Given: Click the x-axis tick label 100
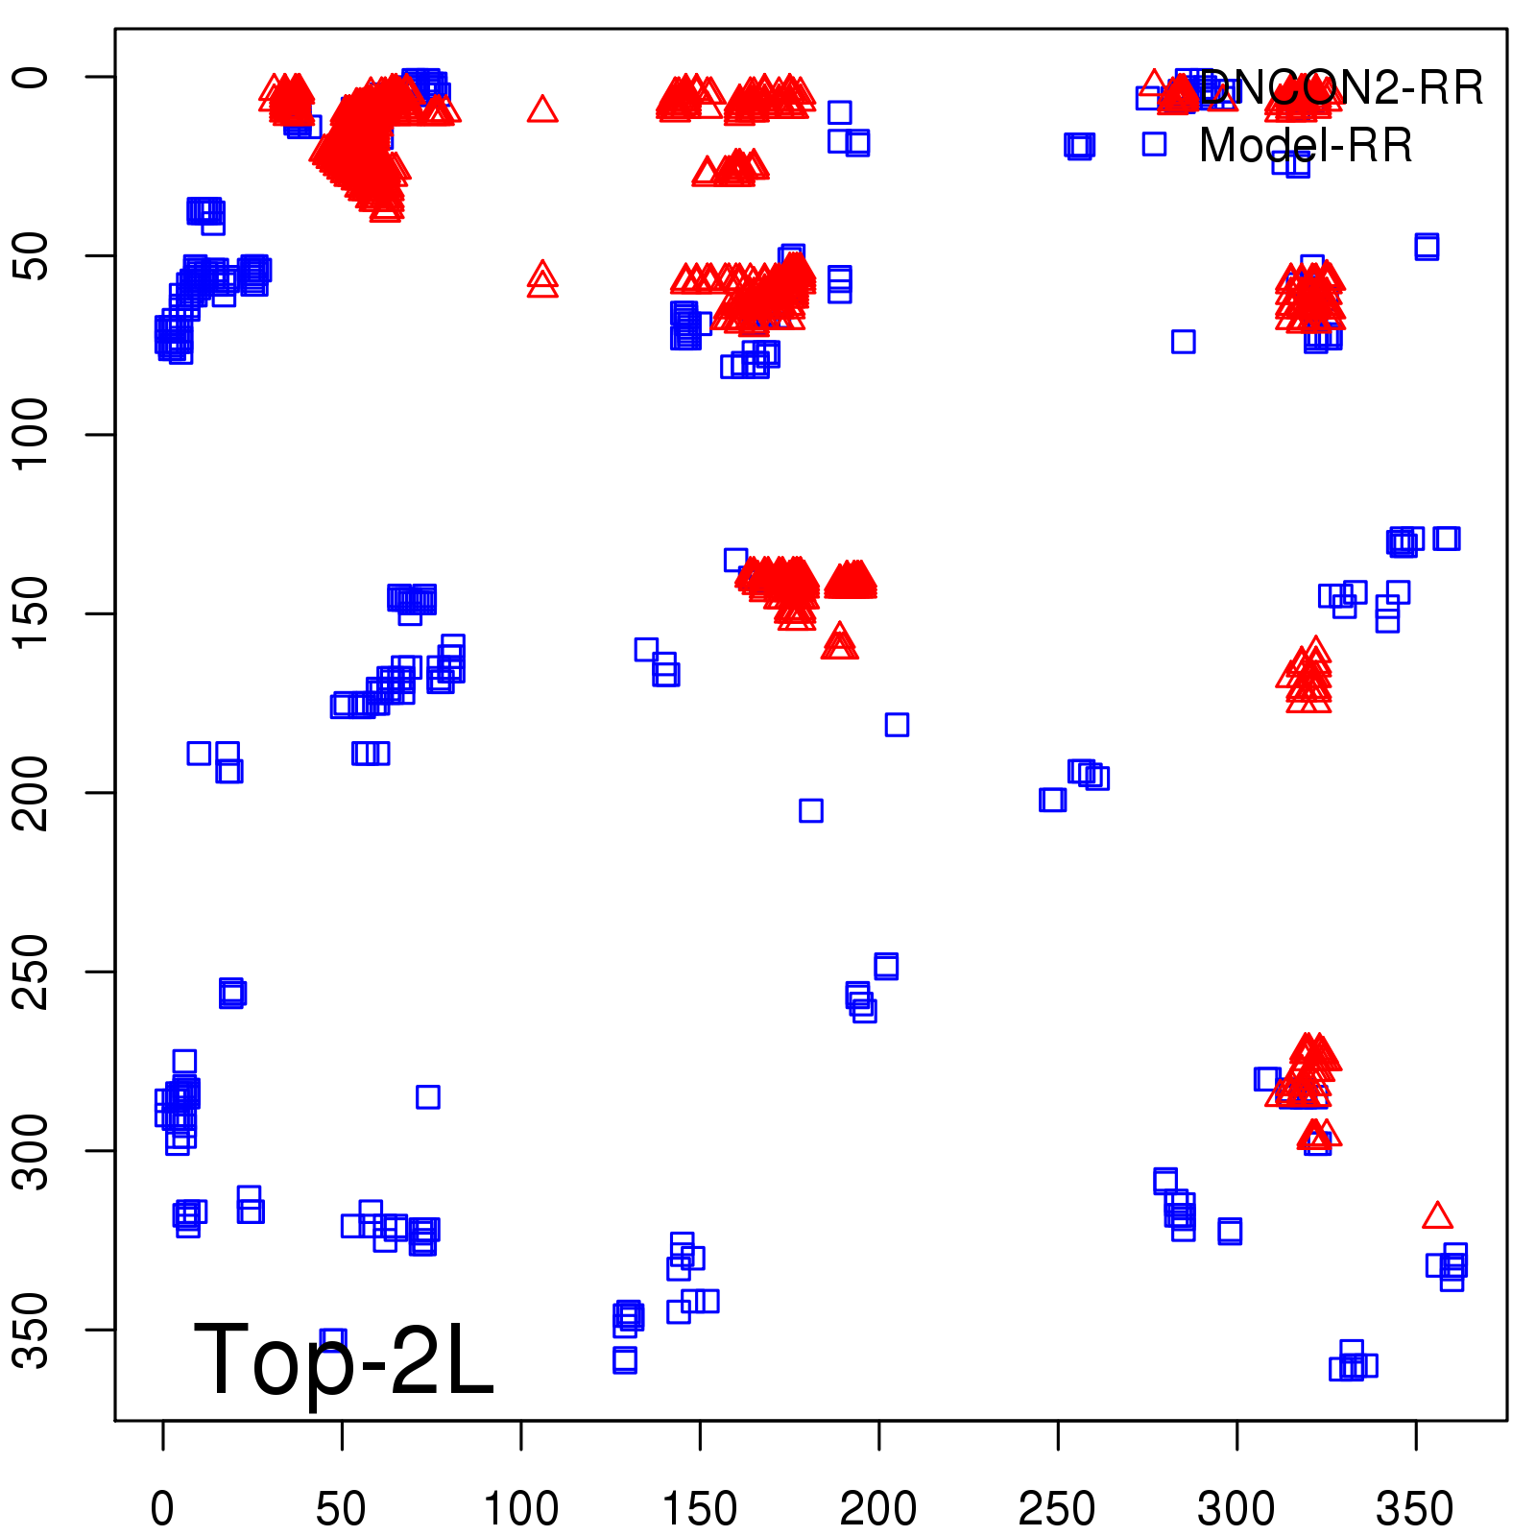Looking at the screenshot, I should (520, 1509).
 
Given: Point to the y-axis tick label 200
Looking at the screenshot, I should (31, 793).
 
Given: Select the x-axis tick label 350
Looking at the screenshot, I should (1415, 1509).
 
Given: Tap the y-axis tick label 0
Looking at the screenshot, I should (31, 77).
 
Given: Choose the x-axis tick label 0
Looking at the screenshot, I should (162, 1509).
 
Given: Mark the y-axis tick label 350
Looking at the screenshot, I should (31, 1330).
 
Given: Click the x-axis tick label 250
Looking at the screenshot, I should (1057, 1509).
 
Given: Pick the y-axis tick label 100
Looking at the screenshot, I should (31, 434).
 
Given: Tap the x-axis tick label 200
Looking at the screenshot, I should (878, 1509).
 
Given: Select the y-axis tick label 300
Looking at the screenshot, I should (31, 1150).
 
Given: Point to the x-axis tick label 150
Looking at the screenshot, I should (700, 1509).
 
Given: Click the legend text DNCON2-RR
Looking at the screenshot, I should (1341, 88).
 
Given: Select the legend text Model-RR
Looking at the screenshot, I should (1306, 146).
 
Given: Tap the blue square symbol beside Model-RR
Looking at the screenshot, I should (1154, 144).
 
